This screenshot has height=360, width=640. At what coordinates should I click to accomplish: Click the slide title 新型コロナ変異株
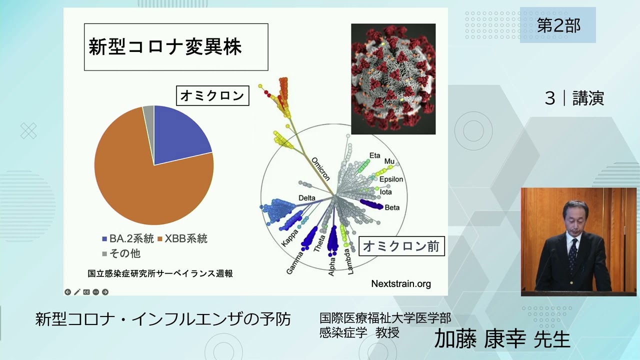point(165,47)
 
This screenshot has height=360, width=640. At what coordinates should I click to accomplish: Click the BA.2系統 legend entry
point(128,238)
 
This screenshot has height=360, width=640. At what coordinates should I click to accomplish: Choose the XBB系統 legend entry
point(182,238)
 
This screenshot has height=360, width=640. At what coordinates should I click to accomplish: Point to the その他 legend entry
point(121,253)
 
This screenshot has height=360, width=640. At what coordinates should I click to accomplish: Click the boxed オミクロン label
point(212,95)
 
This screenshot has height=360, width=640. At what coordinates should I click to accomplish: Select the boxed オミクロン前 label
point(401,246)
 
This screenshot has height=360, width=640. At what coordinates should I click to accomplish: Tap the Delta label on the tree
point(307,197)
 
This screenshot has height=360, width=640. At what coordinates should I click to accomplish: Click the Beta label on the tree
point(392,207)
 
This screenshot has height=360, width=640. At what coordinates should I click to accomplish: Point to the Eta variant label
point(375,155)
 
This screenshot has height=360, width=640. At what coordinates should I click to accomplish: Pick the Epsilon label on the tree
point(391,179)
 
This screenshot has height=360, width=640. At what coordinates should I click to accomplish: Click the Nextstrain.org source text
point(401,283)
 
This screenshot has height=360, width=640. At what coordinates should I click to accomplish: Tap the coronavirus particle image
point(393,79)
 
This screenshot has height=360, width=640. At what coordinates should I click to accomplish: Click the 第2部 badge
point(558,25)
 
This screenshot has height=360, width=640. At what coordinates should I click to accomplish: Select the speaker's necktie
point(572,255)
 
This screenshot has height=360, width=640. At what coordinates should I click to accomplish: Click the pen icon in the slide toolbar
point(77,292)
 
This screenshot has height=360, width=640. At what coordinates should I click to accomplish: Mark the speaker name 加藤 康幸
point(480,339)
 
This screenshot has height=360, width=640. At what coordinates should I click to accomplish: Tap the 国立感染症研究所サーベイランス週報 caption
point(160,273)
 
